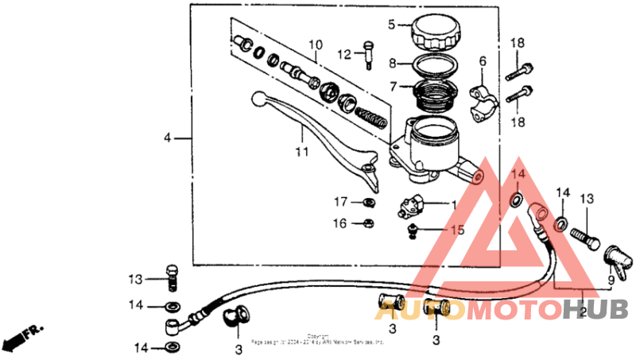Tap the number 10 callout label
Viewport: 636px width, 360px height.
point(315,45)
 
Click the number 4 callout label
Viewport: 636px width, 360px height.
point(168,139)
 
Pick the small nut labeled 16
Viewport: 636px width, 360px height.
point(369,224)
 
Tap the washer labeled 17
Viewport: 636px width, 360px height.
point(369,202)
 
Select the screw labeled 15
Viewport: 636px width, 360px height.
point(413,230)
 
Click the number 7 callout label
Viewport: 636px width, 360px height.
point(391,83)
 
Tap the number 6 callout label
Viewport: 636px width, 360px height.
point(482,61)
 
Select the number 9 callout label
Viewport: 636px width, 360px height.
point(611,281)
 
